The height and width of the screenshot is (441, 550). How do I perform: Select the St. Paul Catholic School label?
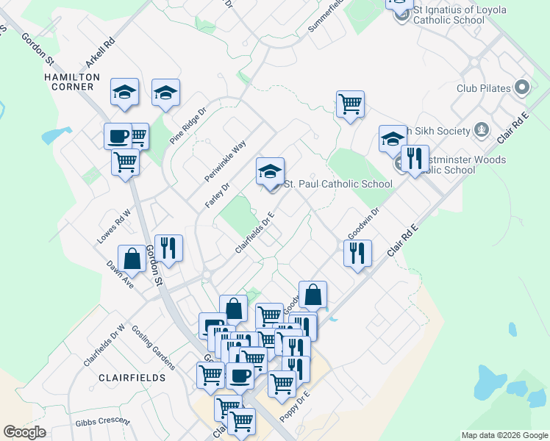338,184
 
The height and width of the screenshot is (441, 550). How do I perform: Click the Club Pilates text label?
483,88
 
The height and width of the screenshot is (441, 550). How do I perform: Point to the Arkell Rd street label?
101,54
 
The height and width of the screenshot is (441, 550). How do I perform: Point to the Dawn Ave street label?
120,274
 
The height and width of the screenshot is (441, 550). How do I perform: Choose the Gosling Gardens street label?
154,346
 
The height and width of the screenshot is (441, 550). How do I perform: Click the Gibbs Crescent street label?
102,423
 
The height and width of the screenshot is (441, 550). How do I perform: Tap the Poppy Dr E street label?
295,406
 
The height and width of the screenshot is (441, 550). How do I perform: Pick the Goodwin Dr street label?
363,222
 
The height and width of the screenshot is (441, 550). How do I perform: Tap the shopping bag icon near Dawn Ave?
132,259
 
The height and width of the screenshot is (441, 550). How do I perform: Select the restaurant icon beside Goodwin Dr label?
357,254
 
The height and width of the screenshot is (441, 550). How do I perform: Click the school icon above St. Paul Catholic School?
270,172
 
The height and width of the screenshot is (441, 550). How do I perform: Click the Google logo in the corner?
24,432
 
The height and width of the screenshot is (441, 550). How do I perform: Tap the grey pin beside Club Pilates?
523,88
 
